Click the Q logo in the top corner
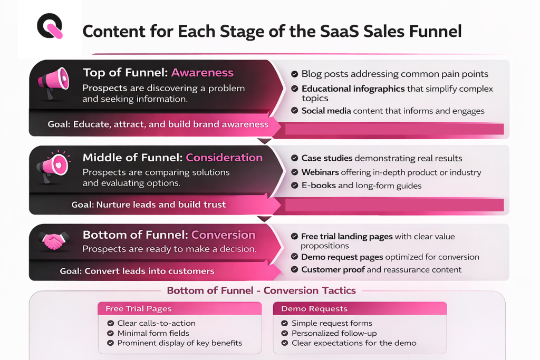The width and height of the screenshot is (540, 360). coord(50,26)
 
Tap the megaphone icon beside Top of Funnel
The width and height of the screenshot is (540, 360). coord(53,82)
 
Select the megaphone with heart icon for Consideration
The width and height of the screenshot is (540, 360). coord(53,167)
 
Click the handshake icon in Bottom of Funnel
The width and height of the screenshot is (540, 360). coord(52,241)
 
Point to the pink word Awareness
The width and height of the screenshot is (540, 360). coord(202,73)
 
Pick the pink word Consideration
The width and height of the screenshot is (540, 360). coord(224,158)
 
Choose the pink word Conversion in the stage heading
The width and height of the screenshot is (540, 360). coord(223,235)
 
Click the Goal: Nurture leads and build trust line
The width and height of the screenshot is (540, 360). coord(148,205)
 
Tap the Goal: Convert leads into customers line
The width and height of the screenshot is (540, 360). coord(137,271)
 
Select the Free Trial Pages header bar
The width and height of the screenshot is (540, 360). coord(179,308)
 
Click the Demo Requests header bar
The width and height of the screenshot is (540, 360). coord(360,308)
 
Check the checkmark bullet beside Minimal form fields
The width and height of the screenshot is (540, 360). coord(110,333)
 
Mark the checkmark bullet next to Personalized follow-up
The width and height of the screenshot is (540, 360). coord(284,333)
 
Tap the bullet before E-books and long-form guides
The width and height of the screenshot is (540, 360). coord(294,186)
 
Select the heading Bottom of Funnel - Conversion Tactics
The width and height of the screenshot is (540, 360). coord(261,290)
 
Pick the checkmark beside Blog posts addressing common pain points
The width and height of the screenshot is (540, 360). coord(294,74)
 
